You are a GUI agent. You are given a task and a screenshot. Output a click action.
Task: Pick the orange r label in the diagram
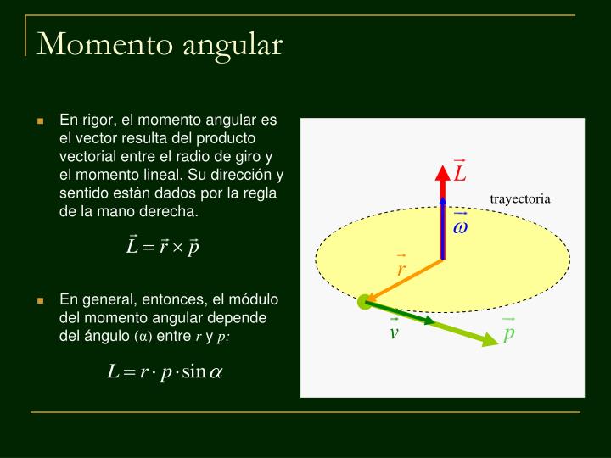[x=401, y=268]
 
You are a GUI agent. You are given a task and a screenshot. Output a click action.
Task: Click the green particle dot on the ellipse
[x=365, y=301]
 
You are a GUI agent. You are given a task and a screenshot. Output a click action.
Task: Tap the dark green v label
[x=394, y=332]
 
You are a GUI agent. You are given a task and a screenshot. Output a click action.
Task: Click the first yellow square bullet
[x=40, y=121]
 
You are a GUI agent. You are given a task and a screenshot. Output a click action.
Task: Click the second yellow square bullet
[x=40, y=301]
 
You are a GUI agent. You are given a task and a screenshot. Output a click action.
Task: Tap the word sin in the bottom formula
[x=194, y=372]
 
